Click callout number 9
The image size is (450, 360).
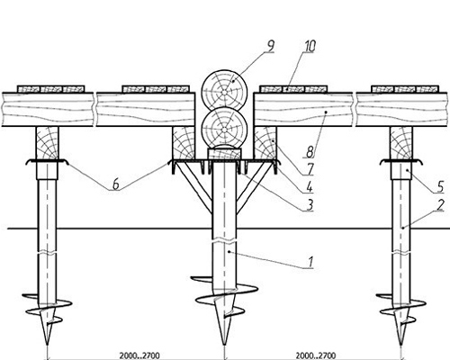(x=270, y=46)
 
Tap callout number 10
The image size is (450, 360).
(x=310, y=46)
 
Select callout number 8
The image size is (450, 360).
(x=310, y=152)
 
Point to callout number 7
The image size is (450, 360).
(x=310, y=169)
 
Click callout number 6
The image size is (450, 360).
(x=116, y=184)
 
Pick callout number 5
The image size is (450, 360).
(x=440, y=187)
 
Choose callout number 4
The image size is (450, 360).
(x=310, y=187)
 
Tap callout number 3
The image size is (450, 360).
(x=310, y=204)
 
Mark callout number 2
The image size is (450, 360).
(x=440, y=205)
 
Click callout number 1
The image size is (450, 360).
(x=310, y=262)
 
